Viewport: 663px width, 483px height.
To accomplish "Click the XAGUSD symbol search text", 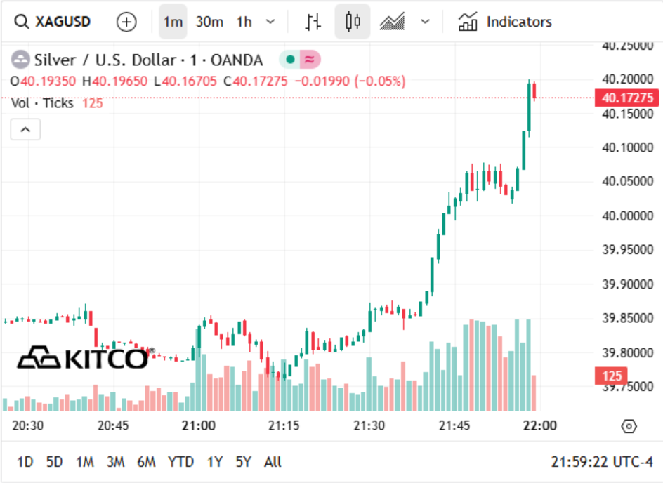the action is tap(63, 22).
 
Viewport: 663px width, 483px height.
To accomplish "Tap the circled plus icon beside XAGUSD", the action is tap(126, 22).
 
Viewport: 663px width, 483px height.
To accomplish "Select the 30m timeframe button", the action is tap(209, 22).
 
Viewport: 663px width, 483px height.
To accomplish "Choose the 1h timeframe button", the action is tap(244, 22).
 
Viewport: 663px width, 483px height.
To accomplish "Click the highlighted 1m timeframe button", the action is tap(173, 22).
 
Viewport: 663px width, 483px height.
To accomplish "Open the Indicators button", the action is tap(505, 22).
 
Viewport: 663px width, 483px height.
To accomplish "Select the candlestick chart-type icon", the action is tap(353, 22).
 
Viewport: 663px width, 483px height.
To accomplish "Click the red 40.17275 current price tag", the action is tap(626, 98).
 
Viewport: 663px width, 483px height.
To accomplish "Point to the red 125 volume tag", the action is tap(612, 376).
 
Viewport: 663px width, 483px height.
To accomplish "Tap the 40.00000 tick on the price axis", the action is tap(627, 216).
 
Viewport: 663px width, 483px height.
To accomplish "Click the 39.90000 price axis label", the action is tap(627, 284).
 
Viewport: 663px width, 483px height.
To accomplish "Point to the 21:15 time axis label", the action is tap(284, 425).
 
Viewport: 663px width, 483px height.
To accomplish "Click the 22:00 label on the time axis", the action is tap(540, 425).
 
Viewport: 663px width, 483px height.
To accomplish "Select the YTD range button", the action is tap(180, 462).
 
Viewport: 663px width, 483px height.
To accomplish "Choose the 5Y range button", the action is tap(244, 462).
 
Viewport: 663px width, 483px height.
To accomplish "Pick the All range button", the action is tap(273, 462).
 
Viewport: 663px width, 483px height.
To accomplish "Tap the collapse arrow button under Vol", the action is tap(25, 129).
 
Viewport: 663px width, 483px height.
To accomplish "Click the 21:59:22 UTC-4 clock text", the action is tap(602, 462).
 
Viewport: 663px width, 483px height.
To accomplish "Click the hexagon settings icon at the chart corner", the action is tap(629, 426).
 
